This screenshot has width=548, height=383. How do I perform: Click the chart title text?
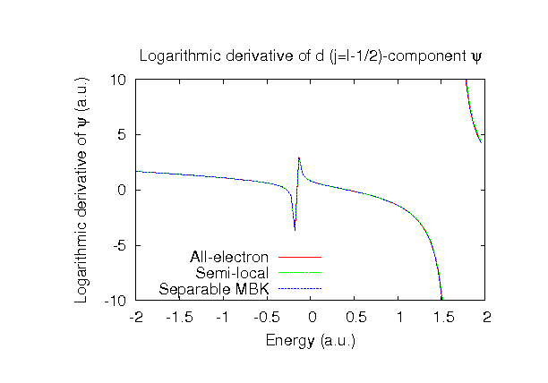[311, 57]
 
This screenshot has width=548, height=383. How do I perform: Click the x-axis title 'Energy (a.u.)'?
[310, 340]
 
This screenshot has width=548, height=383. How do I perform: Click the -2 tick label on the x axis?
[136, 317]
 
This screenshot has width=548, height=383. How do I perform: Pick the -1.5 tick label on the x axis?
[179, 317]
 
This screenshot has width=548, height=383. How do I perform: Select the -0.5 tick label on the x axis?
[266, 317]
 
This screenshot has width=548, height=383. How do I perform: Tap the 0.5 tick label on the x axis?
[354, 317]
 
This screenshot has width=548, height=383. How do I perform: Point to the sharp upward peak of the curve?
[299, 158]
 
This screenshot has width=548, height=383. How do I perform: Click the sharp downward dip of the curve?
[294, 229]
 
